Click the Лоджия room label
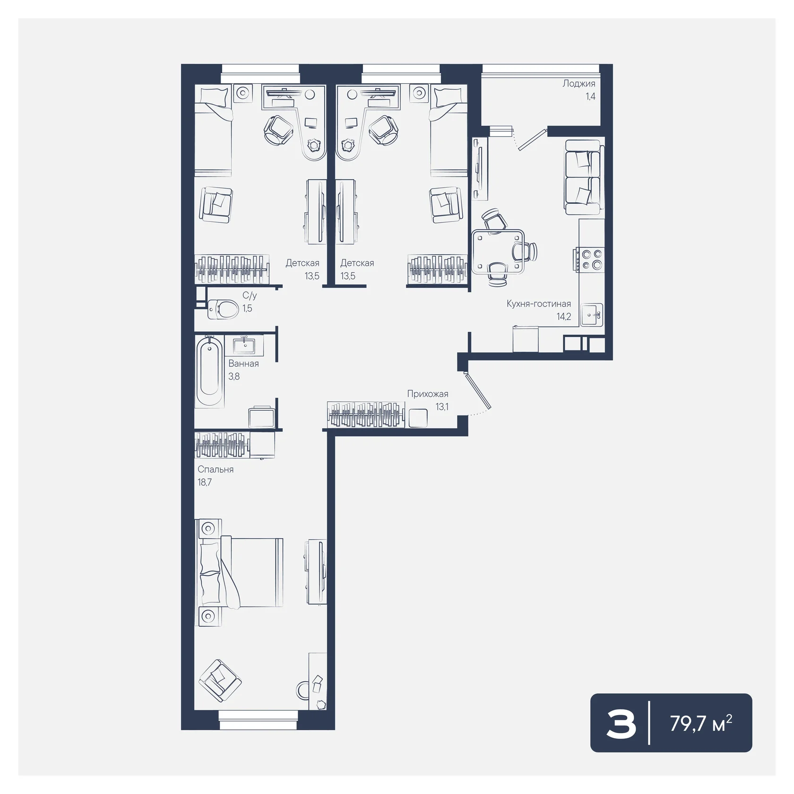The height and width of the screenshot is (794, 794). click(x=578, y=84)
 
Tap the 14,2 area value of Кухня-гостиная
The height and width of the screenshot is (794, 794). click(x=564, y=316)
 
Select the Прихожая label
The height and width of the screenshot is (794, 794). click(x=428, y=394)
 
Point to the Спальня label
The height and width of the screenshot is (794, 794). click(x=216, y=469)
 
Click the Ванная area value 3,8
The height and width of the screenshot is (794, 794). click(x=234, y=376)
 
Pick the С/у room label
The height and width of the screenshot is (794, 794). click(x=250, y=296)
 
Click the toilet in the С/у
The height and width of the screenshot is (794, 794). click(x=223, y=309)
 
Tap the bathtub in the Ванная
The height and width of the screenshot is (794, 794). click(x=209, y=371)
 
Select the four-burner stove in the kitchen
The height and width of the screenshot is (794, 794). click(x=589, y=260)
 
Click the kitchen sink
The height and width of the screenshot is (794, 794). click(x=592, y=314)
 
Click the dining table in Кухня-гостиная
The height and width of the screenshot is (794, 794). click(x=498, y=252)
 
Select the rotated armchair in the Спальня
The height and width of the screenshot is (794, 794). click(x=220, y=681)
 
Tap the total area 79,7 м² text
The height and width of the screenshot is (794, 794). click(x=701, y=723)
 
